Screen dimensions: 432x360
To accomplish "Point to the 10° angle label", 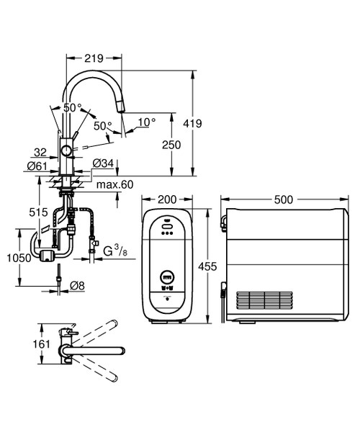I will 147,122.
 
